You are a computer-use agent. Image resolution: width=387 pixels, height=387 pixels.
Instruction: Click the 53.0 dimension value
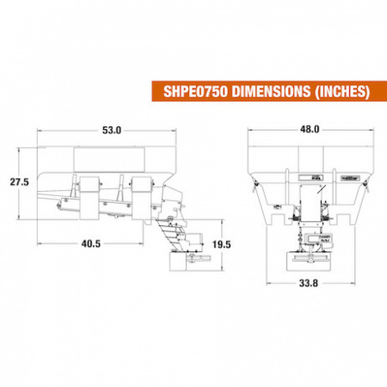tap(112, 130)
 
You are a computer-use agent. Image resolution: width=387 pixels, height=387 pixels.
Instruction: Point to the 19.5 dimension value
tap(221, 244)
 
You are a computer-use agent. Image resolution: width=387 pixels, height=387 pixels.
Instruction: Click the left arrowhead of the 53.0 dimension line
tap(40, 130)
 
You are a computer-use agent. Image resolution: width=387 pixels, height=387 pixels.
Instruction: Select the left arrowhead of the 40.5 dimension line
tap(40, 243)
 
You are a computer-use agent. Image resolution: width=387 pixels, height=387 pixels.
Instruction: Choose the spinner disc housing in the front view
tap(307, 258)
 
